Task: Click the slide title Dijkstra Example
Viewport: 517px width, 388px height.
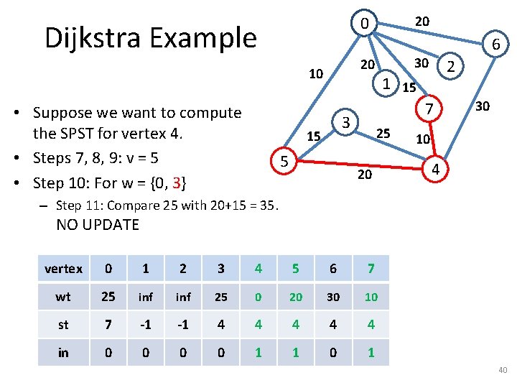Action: (x=150, y=37)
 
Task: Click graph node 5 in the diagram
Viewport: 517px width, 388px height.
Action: (x=284, y=162)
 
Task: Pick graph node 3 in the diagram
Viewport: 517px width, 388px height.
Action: (x=345, y=122)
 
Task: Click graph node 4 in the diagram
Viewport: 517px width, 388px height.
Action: (x=434, y=170)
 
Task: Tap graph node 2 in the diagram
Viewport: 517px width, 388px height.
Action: (x=451, y=68)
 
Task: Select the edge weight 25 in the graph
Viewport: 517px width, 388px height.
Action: (x=383, y=133)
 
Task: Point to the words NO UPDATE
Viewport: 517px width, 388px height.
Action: (x=98, y=224)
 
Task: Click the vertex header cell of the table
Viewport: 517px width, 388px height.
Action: (x=63, y=269)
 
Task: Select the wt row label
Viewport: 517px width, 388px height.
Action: (x=63, y=297)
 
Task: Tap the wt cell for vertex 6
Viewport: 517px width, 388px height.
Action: (x=332, y=297)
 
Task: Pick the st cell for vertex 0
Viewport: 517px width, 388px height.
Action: (x=108, y=324)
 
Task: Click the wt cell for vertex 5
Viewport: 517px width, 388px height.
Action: (x=295, y=297)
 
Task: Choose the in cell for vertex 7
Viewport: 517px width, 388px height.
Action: (x=371, y=352)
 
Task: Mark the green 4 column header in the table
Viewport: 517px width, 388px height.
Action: (x=258, y=269)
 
